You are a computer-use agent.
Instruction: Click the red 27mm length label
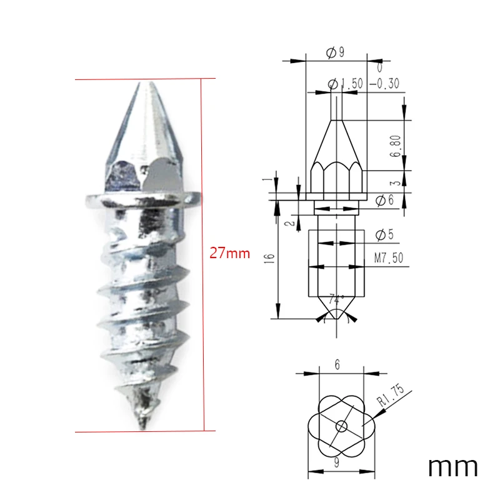pyautogui.click(x=229, y=253)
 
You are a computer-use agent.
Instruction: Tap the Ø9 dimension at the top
pyautogui.click(x=336, y=52)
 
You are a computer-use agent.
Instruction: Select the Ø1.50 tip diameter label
pyautogui.click(x=346, y=84)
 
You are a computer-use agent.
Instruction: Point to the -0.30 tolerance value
pyautogui.click(x=384, y=84)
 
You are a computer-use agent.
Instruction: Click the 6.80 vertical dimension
pyautogui.click(x=396, y=146)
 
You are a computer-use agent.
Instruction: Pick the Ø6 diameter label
pyautogui.click(x=384, y=201)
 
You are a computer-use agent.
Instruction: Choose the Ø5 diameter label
pyautogui.click(x=384, y=235)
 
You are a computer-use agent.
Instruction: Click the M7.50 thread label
pyautogui.click(x=388, y=257)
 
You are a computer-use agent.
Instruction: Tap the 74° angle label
pyautogui.click(x=336, y=300)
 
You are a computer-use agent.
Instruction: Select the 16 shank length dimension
pyautogui.click(x=270, y=258)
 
